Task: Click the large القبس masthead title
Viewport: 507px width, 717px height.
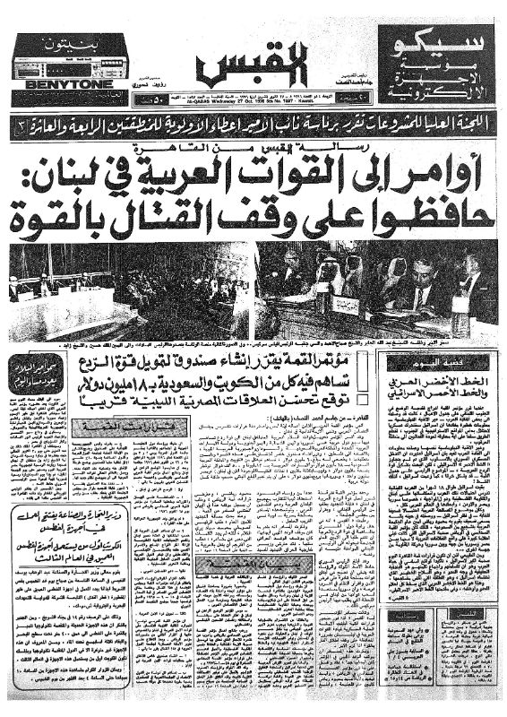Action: click(253, 62)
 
